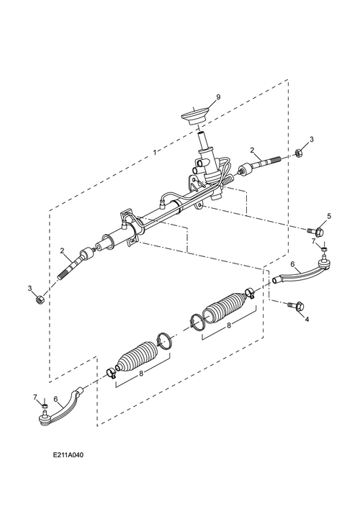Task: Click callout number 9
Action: click(198, 97)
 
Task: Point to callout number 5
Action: click(329, 216)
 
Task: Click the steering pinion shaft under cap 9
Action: click(204, 140)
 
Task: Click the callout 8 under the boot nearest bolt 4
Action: click(228, 325)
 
